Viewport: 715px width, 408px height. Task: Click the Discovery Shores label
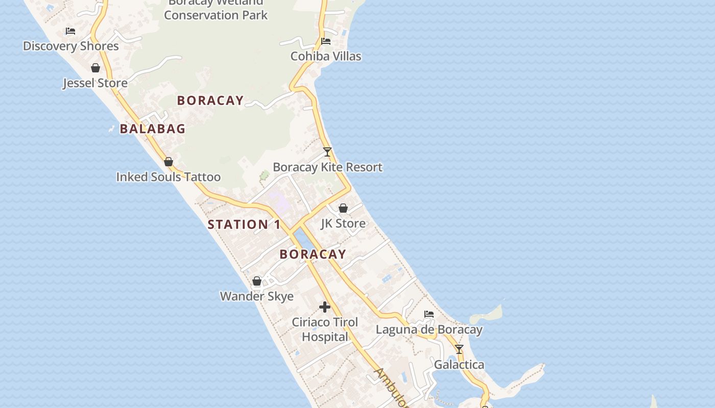pos(71,46)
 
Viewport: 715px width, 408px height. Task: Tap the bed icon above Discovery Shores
pos(70,31)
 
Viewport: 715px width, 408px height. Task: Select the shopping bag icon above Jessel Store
pos(96,68)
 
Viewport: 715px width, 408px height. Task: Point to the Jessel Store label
pos(95,83)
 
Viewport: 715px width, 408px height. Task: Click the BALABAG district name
pos(153,129)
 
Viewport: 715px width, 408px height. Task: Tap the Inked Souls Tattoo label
pos(169,177)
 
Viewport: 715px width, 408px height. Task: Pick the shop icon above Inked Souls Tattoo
pos(169,162)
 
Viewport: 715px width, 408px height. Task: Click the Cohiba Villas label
pos(326,56)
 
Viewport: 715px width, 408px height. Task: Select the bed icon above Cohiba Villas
pos(326,41)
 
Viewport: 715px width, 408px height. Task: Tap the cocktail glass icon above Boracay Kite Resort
pos(327,152)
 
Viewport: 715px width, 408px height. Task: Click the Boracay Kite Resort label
pos(327,167)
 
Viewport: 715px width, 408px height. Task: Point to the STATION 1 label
pos(244,224)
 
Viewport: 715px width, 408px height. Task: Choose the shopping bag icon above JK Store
pos(343,208)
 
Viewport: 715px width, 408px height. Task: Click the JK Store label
pos(343,223)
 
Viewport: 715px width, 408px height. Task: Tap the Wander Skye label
pos(257,296)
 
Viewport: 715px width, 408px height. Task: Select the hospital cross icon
pos(325,307)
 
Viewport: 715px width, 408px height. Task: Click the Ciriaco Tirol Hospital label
pos(325,329)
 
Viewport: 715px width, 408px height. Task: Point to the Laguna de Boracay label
pos(429,329)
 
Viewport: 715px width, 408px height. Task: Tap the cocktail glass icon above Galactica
pos(459,349)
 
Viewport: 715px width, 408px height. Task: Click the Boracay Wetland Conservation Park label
pos(216,9)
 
